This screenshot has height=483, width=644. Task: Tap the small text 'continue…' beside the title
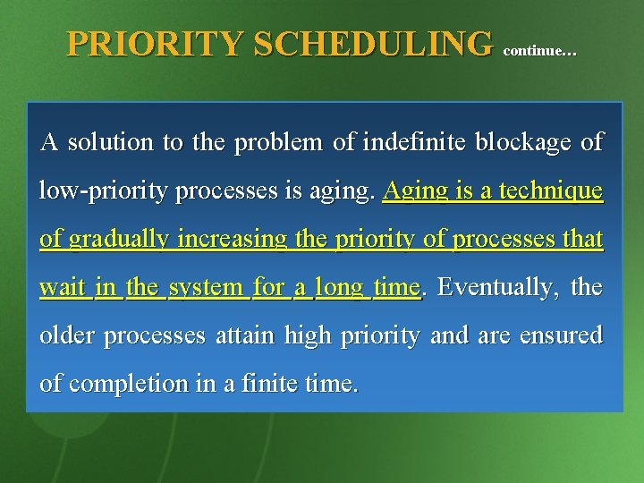coord(540,52)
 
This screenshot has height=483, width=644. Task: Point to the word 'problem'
coord(268,142)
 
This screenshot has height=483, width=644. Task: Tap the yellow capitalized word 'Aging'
coord(411,191)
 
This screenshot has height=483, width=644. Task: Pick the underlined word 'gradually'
coord(110,240)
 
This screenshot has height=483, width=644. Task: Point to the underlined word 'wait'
coord(63,288)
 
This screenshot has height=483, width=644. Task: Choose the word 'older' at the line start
coord(69,336)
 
